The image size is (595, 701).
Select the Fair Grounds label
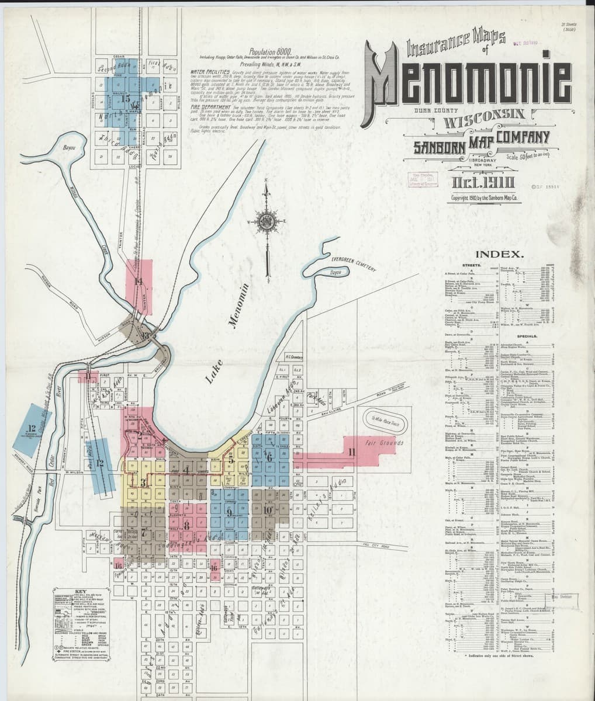tap(384, 443)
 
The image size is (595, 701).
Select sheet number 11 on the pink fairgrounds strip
tap(351, 452)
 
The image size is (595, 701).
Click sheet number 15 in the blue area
tap(127, 98)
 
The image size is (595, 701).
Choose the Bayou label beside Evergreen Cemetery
tap(335, 272)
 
